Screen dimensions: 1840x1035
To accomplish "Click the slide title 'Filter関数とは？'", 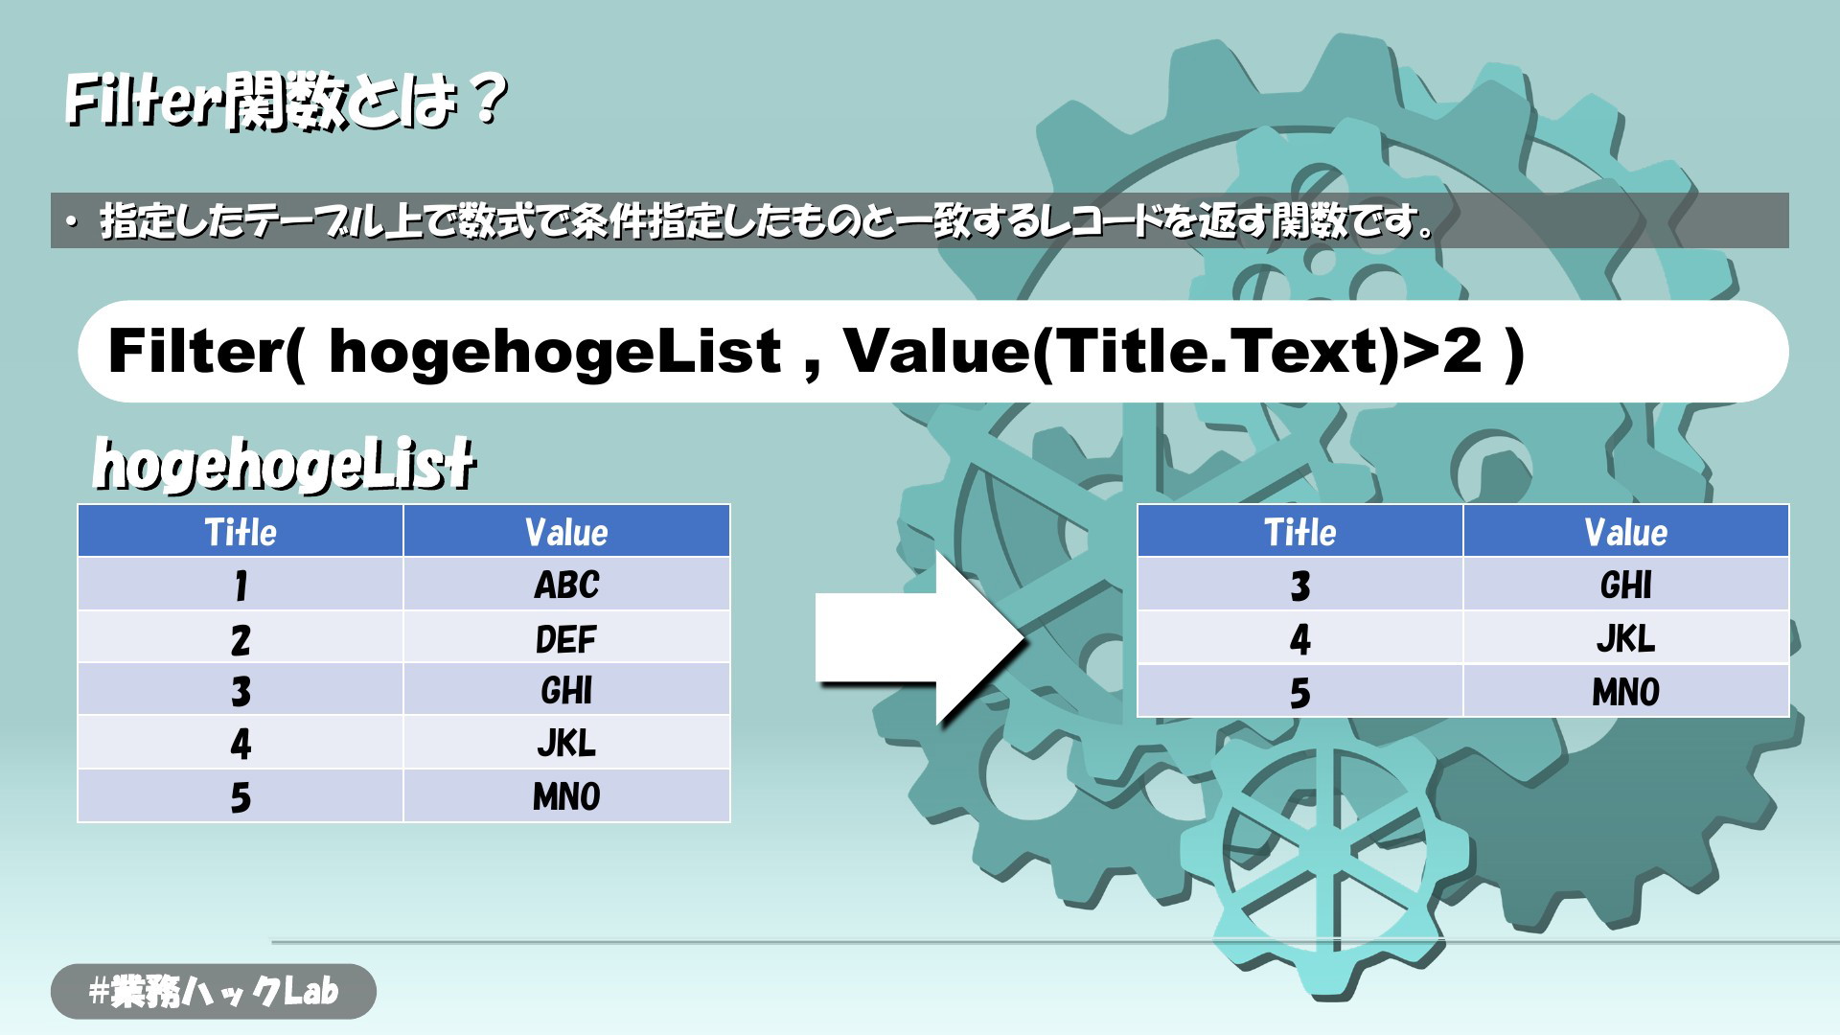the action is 286,100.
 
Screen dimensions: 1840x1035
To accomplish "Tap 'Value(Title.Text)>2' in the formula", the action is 1162,352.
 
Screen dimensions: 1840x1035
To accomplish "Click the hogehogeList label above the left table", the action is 284,464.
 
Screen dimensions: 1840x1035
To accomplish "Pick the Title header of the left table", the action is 241,531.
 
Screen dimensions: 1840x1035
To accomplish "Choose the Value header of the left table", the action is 566,531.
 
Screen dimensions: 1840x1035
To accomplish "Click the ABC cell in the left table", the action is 566,584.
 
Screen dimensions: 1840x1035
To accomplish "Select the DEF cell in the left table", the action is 566,637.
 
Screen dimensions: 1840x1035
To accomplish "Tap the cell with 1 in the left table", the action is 241,584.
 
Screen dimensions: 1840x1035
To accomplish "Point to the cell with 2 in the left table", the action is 241,637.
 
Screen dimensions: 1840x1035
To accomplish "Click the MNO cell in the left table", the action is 566,795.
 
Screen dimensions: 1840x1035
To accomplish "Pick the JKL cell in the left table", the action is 566,743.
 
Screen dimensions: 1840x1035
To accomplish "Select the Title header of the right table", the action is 1300,531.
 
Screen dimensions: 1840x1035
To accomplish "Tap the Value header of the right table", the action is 1626,531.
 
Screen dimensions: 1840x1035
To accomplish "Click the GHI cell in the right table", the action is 1626,584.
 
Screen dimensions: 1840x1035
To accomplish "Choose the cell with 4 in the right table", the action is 1300,637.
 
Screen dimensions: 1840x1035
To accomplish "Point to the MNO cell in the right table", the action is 1626,690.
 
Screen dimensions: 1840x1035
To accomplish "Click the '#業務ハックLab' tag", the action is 214,991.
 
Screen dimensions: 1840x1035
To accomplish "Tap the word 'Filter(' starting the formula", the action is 206,352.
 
